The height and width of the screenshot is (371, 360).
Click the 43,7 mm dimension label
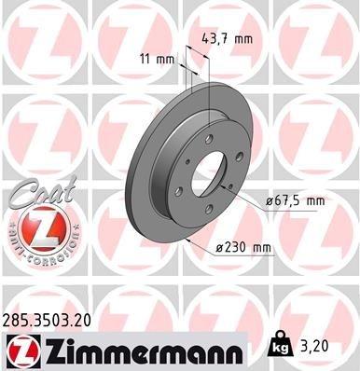(x=228, y=39)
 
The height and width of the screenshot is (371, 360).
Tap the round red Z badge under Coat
(x=35, y=229)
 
